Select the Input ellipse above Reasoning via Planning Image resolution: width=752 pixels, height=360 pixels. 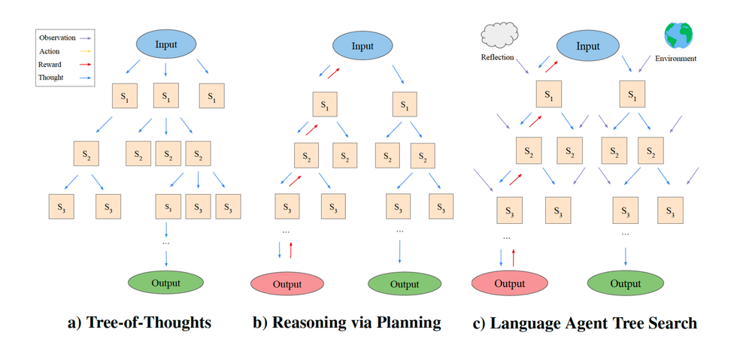362,46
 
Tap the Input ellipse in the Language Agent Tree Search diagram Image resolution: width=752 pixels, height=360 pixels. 587,46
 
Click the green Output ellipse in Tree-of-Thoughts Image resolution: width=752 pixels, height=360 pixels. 165,283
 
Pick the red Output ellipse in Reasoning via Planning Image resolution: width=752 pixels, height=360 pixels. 287,284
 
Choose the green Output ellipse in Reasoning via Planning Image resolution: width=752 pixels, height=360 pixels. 404,284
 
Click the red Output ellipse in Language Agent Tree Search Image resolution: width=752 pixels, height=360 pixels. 509,284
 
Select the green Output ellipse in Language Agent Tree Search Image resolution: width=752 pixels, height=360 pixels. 625,284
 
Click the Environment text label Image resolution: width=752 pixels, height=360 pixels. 676,58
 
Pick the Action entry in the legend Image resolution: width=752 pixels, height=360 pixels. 50,51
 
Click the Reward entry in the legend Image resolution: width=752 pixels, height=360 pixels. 50,64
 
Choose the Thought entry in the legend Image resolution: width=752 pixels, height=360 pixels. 51,77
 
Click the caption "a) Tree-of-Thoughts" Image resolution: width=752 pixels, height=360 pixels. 139,323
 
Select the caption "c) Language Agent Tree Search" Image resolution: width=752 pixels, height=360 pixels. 584,323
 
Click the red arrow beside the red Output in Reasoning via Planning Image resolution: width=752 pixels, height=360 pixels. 291,250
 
